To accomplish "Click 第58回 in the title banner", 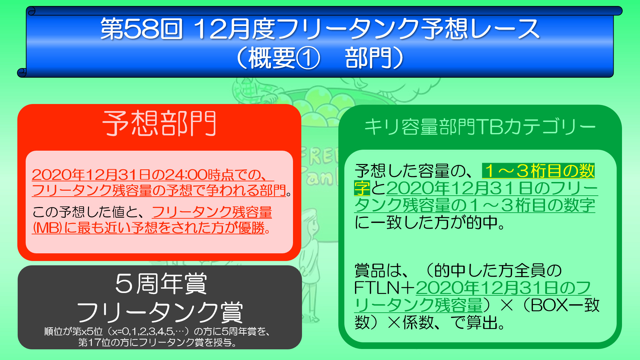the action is [x=142, y=29].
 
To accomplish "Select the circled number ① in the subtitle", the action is [x=308, y=58].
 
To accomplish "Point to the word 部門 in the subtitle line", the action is [x=368, y=58].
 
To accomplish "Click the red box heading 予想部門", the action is [x=160, y=123].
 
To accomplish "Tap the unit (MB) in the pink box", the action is [x=47, y=228].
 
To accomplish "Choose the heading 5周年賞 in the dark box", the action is [x=161, y=284].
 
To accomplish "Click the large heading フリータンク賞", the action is [x=160, y=312].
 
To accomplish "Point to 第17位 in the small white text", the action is [x=92, y=342].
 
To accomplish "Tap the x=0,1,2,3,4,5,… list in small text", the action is [x=152, y=331].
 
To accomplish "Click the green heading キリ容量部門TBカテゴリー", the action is [x=480, y=127].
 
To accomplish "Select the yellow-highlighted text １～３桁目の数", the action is [x=538, y=171].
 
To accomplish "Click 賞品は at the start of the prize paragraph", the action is [x=378, y=270].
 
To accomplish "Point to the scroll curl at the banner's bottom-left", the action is [x=22, y=72].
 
